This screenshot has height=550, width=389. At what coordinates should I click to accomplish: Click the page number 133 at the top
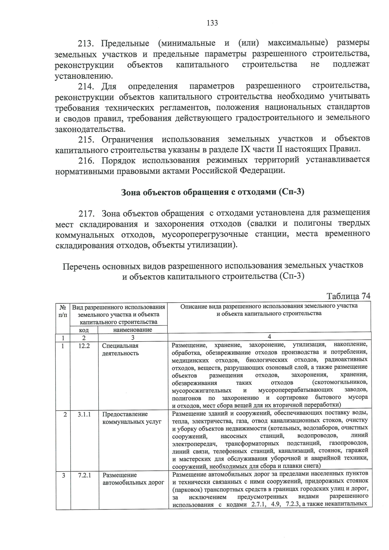(x=212, y=23)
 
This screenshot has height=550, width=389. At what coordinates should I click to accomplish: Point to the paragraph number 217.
(x=86, y=214)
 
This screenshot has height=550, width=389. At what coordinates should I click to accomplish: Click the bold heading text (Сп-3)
(x=292, y=192)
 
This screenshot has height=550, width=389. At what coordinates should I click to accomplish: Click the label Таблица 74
(x=348, y=296)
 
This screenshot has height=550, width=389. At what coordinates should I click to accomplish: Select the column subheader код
(x=84, y=330)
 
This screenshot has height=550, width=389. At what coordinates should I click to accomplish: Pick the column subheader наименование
(x=133, y=330)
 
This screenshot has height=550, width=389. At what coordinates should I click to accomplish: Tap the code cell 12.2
(x=84, y=345)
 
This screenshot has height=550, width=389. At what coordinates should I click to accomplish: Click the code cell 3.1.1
(x=84, y=414)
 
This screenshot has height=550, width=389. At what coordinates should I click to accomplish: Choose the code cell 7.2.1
(x=84, y=475)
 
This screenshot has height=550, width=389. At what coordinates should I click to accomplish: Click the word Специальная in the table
(x=120, y=345)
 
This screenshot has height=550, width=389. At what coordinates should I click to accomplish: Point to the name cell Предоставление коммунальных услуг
(x=132, y=418)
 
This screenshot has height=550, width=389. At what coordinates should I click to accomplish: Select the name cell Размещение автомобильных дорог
(x=133, y=479)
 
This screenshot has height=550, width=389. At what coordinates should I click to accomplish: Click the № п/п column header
(x=63, y=310)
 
